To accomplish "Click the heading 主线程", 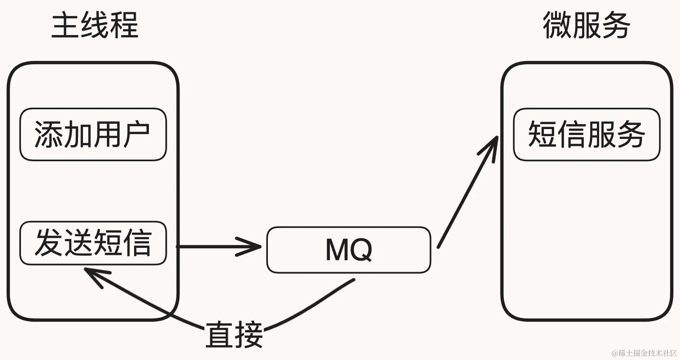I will [x=95, y=26].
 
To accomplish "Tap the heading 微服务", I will [x=586, y=26].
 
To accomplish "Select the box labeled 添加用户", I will [x=93, y=134].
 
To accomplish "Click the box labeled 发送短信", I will [x=93, y=243].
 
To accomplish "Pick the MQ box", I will [x=349, y=249].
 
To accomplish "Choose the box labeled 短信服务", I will [x=586, y=134].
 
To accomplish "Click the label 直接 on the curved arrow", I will [x=234, y=334].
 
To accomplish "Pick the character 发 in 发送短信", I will [x=49, y=243].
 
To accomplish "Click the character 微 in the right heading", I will [x=557, y=26].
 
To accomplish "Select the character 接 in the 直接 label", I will [x=248, y=334].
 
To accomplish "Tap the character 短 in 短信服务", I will [x=542, y=134].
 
